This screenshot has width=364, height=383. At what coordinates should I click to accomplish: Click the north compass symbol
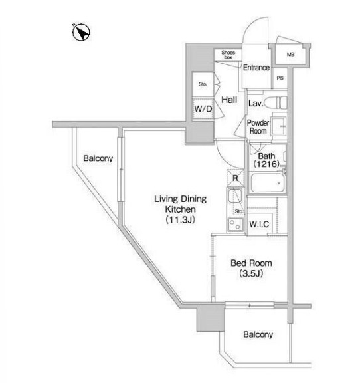coord(81,32)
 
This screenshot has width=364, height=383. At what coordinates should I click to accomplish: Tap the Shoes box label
coord(228,55)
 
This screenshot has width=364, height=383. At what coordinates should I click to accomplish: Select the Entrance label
coord(256,68)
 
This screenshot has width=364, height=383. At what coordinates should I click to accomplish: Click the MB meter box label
coord(290,55)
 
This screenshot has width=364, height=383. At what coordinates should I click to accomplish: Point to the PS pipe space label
coord(280,78)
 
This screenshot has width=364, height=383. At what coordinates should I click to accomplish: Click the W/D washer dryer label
coord(203,108)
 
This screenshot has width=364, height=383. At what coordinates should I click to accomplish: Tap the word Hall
coord(229,100)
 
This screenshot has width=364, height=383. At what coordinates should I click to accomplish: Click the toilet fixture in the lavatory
coord(276,103)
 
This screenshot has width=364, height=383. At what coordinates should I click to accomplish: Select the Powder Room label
coord(258,127)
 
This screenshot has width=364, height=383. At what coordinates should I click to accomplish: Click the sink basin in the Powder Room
coord(279,126)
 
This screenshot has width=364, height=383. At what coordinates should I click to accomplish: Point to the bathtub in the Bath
coord(268,182)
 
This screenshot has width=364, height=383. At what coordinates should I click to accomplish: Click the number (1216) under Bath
coord(266,164)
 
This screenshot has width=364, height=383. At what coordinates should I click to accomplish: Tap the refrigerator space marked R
coord(235,178)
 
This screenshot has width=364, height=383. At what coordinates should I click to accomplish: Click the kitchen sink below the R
coord(235,195)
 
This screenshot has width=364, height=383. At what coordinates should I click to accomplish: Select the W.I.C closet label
coord(259,224)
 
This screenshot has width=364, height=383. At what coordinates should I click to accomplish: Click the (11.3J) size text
coord(180,220)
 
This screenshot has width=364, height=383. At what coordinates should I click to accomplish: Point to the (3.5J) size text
coord(251,273)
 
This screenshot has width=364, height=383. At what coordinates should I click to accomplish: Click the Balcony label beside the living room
coord(98,158)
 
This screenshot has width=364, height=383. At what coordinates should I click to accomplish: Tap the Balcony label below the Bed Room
coord(258,334)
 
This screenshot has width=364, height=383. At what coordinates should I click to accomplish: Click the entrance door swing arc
coord(251,26)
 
